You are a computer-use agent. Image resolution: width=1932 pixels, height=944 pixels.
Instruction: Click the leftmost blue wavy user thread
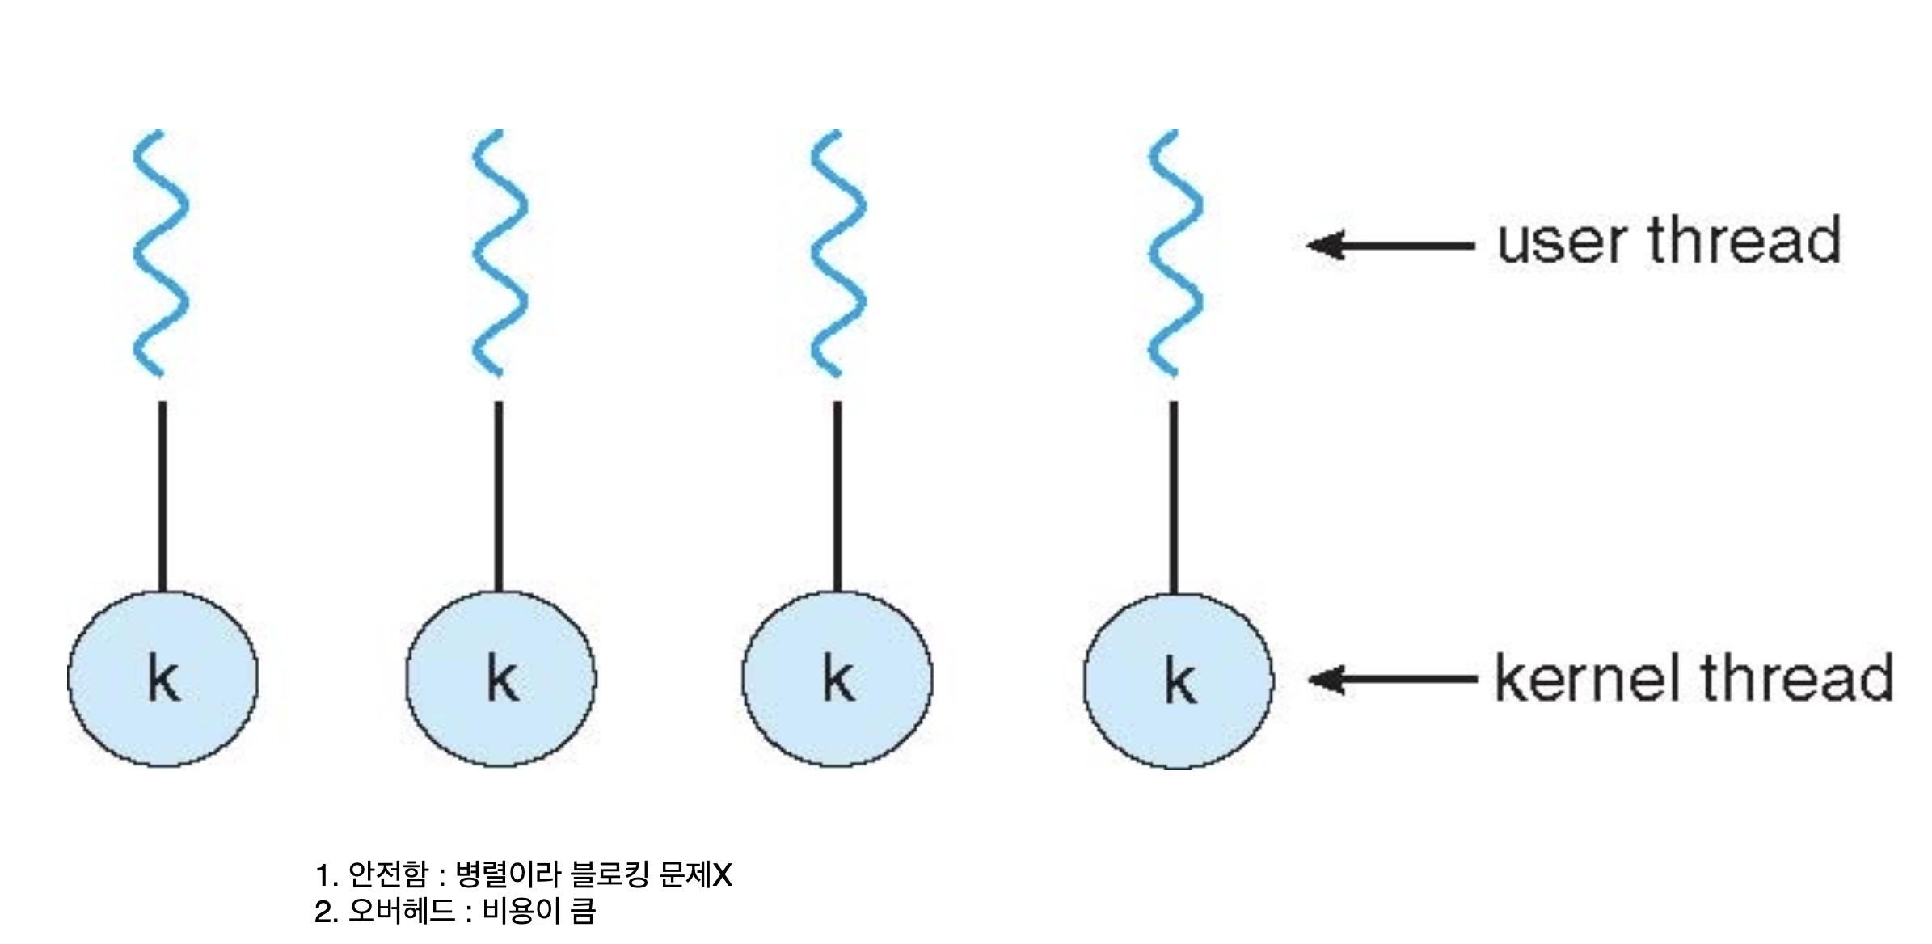tap(161, 252)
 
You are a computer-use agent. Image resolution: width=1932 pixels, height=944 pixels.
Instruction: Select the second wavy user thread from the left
tap(500, 252)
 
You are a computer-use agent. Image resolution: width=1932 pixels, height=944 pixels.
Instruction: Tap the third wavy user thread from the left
tap(838, 252)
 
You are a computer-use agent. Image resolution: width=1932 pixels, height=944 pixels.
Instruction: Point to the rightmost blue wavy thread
tap(1175, 252)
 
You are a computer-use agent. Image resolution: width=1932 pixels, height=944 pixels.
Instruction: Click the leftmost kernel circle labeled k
tap(162, 679)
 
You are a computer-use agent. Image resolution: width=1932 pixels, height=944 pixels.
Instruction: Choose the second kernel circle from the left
tap(500, 679)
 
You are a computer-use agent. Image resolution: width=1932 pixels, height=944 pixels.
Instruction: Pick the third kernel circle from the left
tap(837, 679)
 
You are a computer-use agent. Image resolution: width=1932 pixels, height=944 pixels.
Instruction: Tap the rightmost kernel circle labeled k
tap(1178, 681)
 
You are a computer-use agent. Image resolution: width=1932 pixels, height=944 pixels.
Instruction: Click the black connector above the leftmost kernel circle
tap(162, 497)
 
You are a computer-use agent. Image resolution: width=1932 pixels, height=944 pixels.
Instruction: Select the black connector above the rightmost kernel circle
tap(1174, 497)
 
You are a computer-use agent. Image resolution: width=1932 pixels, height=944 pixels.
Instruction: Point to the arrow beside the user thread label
tap(1390, 244)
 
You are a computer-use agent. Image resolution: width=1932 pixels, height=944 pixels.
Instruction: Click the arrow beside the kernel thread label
tap(1392, 680)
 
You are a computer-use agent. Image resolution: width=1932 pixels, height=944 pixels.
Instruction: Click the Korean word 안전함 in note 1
tap(387, 874)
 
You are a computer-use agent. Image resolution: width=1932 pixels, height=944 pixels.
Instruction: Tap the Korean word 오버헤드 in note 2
tap(402, 912)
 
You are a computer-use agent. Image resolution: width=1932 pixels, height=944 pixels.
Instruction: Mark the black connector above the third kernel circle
tap(837, 497)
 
